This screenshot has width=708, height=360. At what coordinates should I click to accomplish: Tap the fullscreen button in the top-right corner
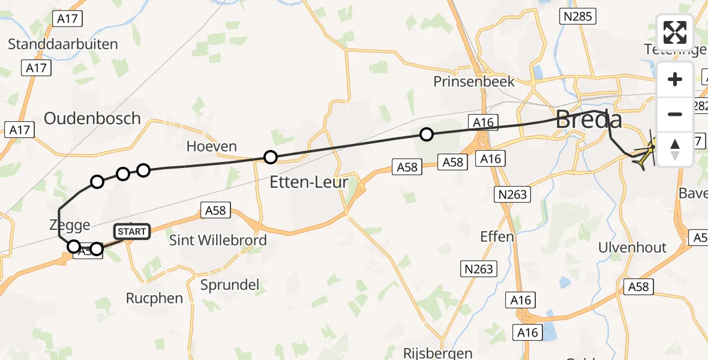click(x=675, y=32)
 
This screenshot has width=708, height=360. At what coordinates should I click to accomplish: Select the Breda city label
click(x=588, y=119)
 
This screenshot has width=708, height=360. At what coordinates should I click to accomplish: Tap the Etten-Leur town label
click(x=308, y=182)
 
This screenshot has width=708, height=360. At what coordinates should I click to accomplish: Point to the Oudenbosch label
click(x=92, y=118)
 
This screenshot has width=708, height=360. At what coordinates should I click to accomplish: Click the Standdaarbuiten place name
click(x=63, y=44)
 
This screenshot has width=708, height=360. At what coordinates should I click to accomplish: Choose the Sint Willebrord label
click(x=218, y=241)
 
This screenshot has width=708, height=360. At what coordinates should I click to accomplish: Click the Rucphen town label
click(x=154, y=298)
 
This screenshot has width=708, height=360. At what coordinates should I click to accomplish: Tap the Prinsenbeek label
click(x=474, y=82)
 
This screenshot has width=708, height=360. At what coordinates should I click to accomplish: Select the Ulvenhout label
click(x=632, y=248)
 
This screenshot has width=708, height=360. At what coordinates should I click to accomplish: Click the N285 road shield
click(x=577, y=17)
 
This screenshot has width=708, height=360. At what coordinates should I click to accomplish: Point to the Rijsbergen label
click(x=438, y=353)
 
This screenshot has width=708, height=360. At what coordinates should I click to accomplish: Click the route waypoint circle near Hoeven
click(x=271, y=157)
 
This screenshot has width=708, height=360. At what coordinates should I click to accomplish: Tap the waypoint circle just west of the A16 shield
click(x=426, y=134)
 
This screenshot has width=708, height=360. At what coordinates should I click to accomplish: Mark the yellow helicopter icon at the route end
click(x=645, y=154)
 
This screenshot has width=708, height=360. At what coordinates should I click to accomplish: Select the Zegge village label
click(x=70, y=225)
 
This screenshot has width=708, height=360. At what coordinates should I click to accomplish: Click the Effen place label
click(x=497, y=236)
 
